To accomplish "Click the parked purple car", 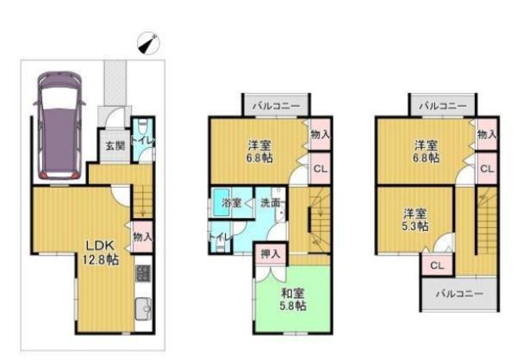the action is [59, 126].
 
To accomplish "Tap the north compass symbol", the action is [148, 43].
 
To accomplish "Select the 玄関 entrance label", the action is [115, 146].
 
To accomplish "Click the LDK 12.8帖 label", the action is [100, 252].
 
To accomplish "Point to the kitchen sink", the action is [143, 309].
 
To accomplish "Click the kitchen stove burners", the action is [143, 273].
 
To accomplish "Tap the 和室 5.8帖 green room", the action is [293, 299].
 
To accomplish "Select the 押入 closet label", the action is [271, 253].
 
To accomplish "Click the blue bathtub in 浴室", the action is [221, 202].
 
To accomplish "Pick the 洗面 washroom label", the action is [271, 202].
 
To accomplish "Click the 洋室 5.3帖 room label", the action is [415, 220].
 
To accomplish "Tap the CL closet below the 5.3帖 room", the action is [437, 265].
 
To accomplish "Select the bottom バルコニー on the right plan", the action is [459, 294].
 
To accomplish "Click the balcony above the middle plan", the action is [277, 106].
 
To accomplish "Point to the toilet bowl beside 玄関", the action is [142, 127].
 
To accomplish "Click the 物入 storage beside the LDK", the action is [143, 237].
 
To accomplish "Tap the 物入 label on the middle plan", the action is [321, 135].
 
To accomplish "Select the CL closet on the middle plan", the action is [321, 169].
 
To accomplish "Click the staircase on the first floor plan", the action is [143, 201].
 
